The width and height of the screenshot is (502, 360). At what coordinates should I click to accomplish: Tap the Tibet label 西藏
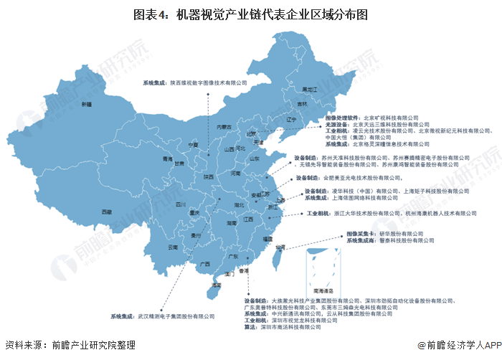106,212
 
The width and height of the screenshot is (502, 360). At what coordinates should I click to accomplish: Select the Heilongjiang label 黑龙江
308,90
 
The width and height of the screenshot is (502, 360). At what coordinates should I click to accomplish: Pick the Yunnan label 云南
172,247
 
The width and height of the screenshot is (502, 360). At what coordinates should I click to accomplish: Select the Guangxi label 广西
205,253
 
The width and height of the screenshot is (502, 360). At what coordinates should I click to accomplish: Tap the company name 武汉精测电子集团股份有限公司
175,316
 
